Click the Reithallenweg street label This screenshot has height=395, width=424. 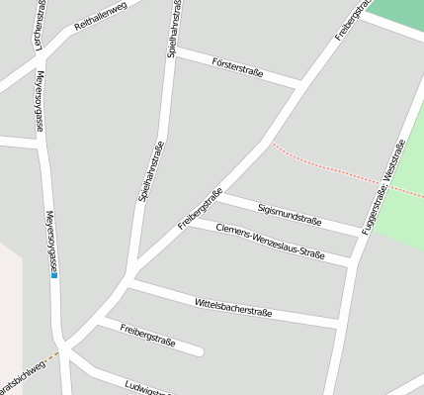tap(102, 21)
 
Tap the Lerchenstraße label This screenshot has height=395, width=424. tap(39, 26)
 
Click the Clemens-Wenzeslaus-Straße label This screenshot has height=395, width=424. tap(270, 244)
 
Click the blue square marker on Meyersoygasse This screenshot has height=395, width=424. tap(54, 276)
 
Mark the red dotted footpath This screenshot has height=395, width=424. tap(326, 165)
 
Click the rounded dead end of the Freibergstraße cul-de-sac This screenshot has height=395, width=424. tap(200, 350)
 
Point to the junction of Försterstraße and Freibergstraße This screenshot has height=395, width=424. tap(299, 85)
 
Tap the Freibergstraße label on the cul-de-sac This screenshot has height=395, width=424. tap(147, 334)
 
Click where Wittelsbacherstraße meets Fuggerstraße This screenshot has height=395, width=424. tap(339, 323)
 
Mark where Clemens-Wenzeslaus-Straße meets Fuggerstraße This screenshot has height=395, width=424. tap(352, 262)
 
